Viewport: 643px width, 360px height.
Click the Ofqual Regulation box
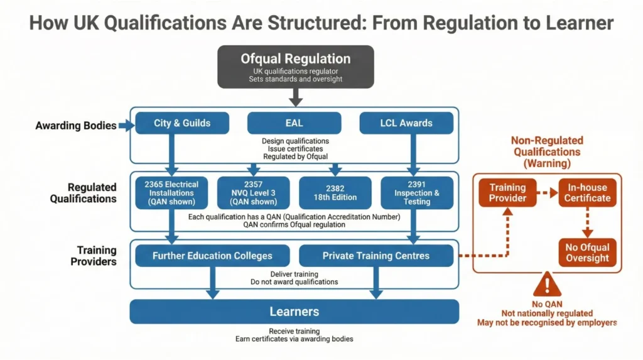(x=296, y=67)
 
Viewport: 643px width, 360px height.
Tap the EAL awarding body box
(x=294, y=123)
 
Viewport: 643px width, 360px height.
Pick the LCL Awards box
(x=406, y=123)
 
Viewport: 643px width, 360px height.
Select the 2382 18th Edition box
(x=335, y=193)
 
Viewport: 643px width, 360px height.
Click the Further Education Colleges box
(x=212, y=256)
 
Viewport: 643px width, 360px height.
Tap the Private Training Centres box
(x=376, y=256)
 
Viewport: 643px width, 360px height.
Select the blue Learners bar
(x=294, y=312)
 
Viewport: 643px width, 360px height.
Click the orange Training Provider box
(x=507, y=193)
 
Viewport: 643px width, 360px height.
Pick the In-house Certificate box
(x=587, y=193)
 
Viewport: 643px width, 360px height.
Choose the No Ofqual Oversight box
(x=587, y=253)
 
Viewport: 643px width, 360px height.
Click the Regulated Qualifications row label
(x=93, y=193)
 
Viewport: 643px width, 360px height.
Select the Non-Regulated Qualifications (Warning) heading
(x=547, y=151)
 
